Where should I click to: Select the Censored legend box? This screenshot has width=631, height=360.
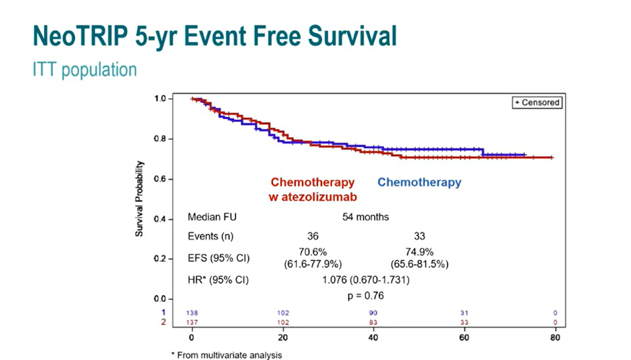tap(536, 102)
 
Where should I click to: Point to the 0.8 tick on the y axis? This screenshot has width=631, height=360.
tap(164, 139)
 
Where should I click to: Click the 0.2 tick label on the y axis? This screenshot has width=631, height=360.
tap(164, 258)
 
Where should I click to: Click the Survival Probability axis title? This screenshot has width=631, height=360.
tap(142, 198)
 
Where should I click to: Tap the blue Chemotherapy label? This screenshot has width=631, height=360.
tap(419, 183)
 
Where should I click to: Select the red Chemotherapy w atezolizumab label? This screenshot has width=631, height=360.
tap(313, 189)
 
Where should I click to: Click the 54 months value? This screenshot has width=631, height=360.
tap(365, 216)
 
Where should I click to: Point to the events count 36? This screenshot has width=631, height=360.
tap(313, 236)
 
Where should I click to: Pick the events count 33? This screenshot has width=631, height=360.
tap(419, 236)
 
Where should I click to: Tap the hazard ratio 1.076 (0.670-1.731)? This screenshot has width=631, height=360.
tap(365, 280)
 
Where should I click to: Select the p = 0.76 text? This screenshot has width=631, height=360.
tap(365, 296)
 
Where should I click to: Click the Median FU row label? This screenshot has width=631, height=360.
tap(212, 216)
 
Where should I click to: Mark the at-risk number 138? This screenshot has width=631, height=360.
tap(192, 312)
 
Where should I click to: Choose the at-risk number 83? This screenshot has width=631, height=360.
tap(373, 322)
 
